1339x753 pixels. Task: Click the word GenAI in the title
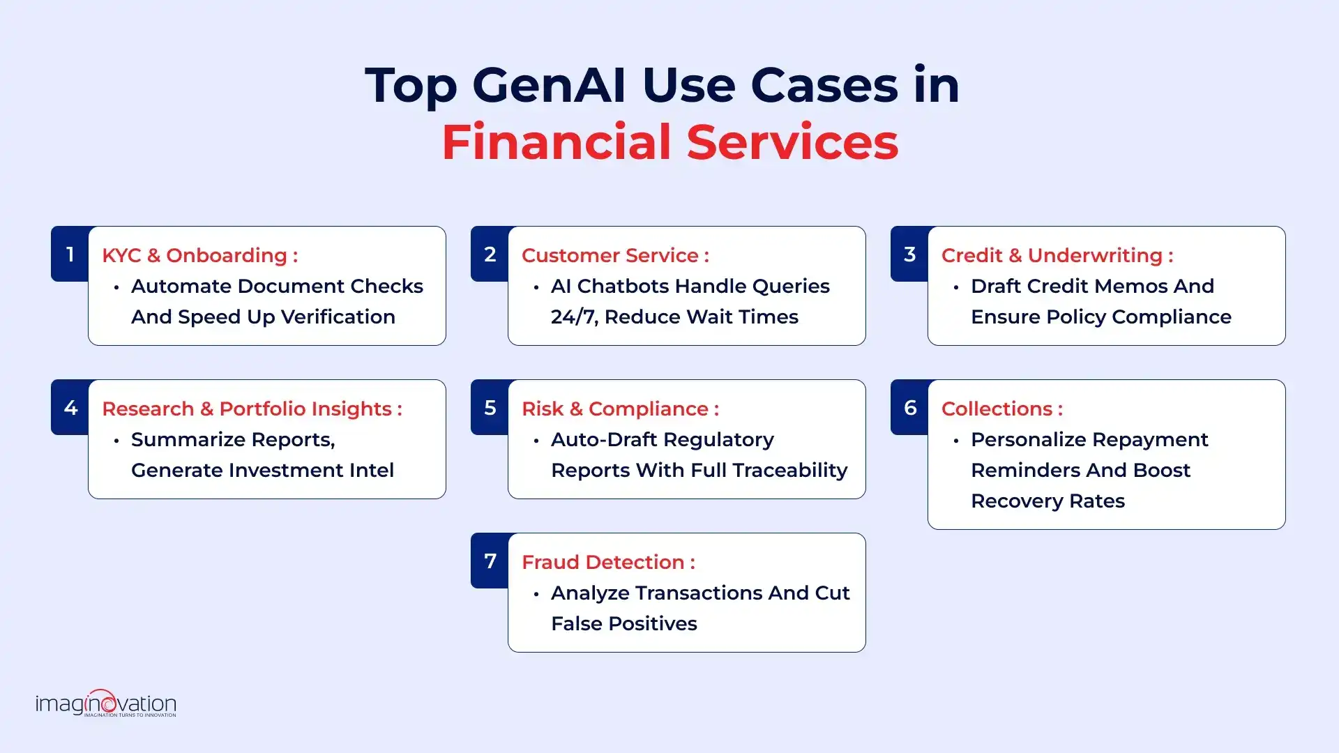[549, 85]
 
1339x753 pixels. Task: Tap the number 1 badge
[70, 254]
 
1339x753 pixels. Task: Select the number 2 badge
[490, 254]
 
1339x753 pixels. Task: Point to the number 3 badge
[909, 254]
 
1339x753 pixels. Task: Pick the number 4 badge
[70, 408]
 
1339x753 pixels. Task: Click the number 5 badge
[490, 408]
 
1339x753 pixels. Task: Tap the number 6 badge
[909, 408]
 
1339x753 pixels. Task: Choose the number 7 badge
[490, 561]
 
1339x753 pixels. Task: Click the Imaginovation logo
[106, 703]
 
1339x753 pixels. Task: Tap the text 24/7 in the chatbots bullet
[573, 317]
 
